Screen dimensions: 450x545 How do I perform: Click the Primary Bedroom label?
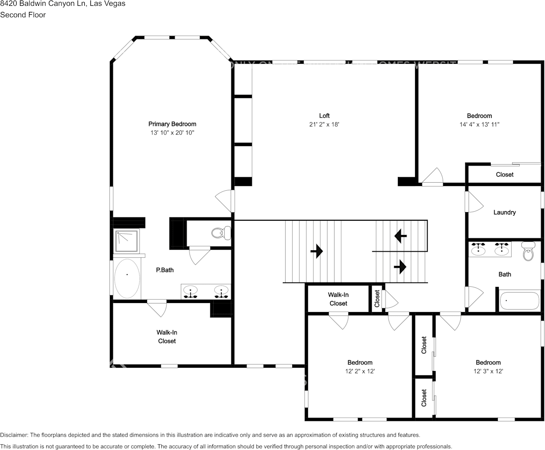coord(172,124)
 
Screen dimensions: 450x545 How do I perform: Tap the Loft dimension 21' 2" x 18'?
coord(324,124)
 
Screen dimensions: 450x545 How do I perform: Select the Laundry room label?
coord(504,213)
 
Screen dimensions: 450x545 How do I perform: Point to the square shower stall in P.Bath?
coord(127,241)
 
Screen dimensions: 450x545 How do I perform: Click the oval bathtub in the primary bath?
coord(127,278)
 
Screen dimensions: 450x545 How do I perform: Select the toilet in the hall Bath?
coord(528,252)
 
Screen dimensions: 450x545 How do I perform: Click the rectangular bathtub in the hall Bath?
coord(519,301)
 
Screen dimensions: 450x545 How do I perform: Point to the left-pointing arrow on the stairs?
coord(400,236)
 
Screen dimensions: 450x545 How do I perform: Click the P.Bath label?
coord(165,270)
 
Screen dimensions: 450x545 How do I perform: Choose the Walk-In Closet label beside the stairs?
coord(338,299)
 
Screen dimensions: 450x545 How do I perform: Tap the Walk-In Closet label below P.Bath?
coord(167,337)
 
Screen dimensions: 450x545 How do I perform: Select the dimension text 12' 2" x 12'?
coord(359,371)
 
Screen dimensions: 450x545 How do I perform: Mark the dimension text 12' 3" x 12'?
coord(488,371)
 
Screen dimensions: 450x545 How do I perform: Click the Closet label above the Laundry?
coord(505,175)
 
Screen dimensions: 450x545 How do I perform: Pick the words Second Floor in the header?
coord(23,15)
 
